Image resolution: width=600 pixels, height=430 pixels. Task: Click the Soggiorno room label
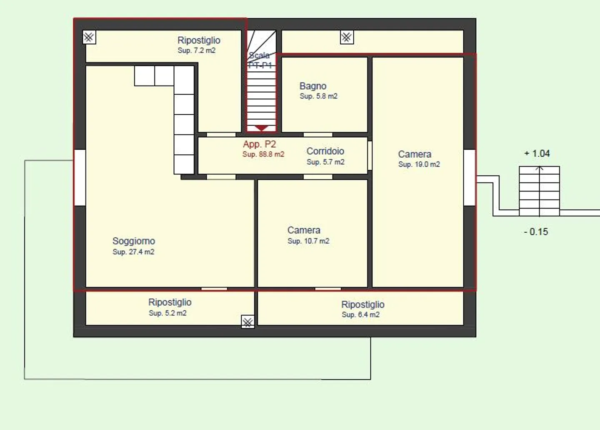tap(134, 241)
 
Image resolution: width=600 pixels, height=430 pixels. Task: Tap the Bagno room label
tap(313, 86)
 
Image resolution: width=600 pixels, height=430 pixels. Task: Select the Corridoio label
tap(325, 151)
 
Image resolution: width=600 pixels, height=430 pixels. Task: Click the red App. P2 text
tap(259, 144)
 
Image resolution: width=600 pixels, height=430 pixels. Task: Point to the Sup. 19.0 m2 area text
tap(419, 164)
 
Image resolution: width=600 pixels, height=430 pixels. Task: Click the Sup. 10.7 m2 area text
tap(308, 241)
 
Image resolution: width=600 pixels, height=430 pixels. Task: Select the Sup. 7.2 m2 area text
tap(196, 50)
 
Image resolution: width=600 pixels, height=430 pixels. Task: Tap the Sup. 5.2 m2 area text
tap(167, 313)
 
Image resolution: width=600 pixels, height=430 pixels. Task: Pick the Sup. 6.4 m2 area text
tap(360, 314)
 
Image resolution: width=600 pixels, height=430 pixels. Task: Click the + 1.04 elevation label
tap(537, 153)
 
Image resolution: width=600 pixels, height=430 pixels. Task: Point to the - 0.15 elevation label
tap(536, 231)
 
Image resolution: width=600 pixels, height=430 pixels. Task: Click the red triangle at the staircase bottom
tap(261, 128)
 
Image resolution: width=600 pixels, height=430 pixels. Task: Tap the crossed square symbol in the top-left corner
tap(89, 37)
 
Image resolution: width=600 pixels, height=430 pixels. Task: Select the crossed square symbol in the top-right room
tap(347, 37)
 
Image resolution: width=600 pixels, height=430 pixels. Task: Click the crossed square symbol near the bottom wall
tap(248, 322)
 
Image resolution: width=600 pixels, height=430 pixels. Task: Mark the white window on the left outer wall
tap(80, 178)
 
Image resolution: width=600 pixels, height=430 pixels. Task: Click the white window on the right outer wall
tap(470, 178)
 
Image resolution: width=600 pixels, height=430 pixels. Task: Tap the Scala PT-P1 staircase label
tap(260, 60)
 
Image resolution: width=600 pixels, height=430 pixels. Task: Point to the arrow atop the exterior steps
tap(539, 168)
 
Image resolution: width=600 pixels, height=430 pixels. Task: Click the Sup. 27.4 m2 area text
tap(133, 252)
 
